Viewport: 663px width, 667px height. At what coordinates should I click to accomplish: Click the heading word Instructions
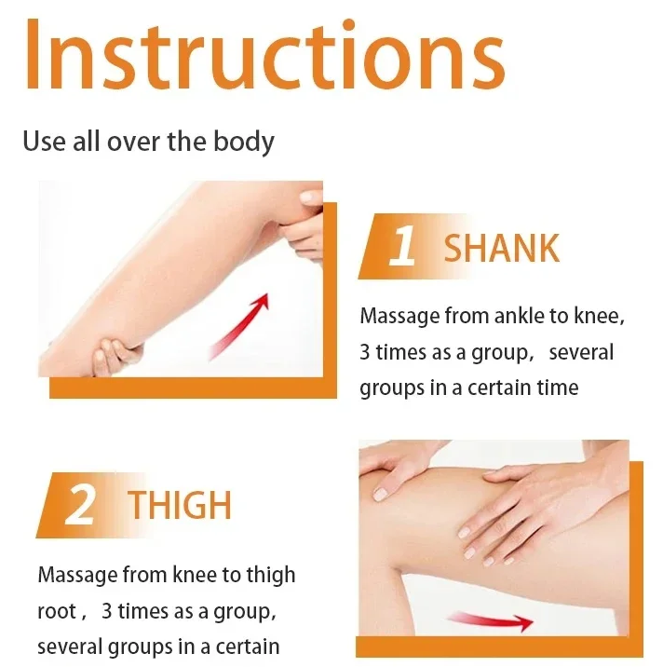point(264,53)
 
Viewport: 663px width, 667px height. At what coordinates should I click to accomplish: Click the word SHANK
point(501,249)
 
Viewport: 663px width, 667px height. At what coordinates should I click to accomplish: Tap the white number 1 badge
point(402,246)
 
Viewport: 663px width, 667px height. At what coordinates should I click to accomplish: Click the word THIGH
point(180,505)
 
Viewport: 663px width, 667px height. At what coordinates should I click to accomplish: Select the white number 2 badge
point(79,505)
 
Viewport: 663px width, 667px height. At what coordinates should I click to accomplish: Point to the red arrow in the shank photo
point(239,327)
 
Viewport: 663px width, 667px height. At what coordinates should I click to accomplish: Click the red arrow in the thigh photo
point(491,621)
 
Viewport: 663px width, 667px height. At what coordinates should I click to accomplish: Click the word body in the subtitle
point(244,142)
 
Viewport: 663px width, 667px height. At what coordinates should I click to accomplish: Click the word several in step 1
point(581,353)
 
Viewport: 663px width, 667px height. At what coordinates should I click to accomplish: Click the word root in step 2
point(57,612)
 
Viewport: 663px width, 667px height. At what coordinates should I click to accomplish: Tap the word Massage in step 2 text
point(78,576)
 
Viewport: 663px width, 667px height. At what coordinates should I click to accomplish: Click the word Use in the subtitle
point(45,142)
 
